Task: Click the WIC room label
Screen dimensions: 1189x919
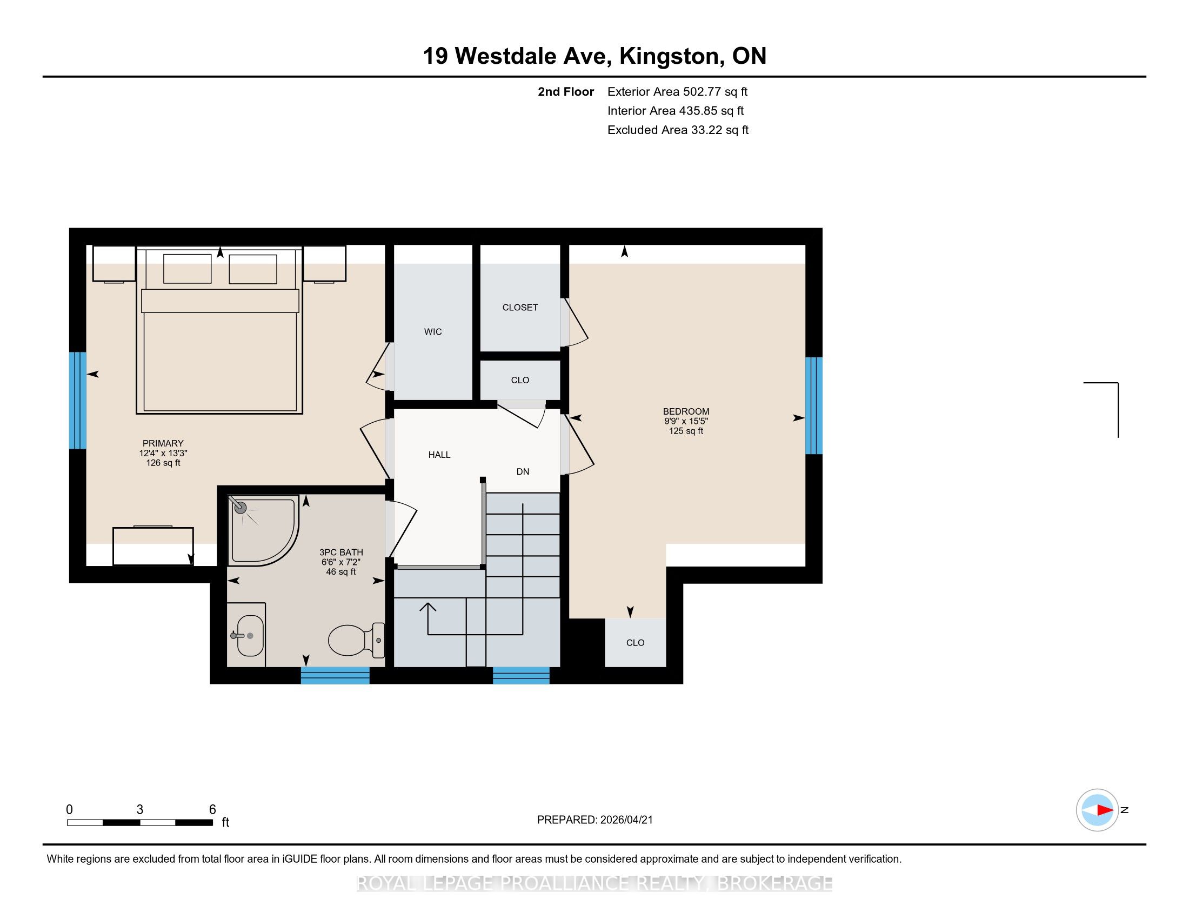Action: [x=433, y=331]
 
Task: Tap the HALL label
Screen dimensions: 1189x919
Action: [x=439, y=455]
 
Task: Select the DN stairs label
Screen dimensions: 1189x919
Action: [x=523, y=471]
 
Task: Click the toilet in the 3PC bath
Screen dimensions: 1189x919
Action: [x=357, y=640]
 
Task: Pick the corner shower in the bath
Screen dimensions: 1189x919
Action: [x=263, y=530]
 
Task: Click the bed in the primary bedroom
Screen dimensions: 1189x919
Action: [x=219, y=330]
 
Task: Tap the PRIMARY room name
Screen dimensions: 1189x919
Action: [x=163, y=443]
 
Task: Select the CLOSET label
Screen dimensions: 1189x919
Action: [x=520, y=308]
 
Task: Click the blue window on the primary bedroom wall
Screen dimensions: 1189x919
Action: [x=78, y=400]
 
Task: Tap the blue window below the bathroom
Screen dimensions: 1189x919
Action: [x=336, y=675]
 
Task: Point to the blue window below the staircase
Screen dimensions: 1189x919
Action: [x=521, y=675]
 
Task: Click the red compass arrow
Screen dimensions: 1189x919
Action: [x=1105, y=810]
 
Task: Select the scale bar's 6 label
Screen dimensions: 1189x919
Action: [x=212, y=809]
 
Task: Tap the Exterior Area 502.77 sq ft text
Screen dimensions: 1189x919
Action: [x=677, y=91]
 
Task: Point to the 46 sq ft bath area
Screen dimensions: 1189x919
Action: [x=341, y=571]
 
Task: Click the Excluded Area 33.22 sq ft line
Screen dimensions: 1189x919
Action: [x=678, y=130]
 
